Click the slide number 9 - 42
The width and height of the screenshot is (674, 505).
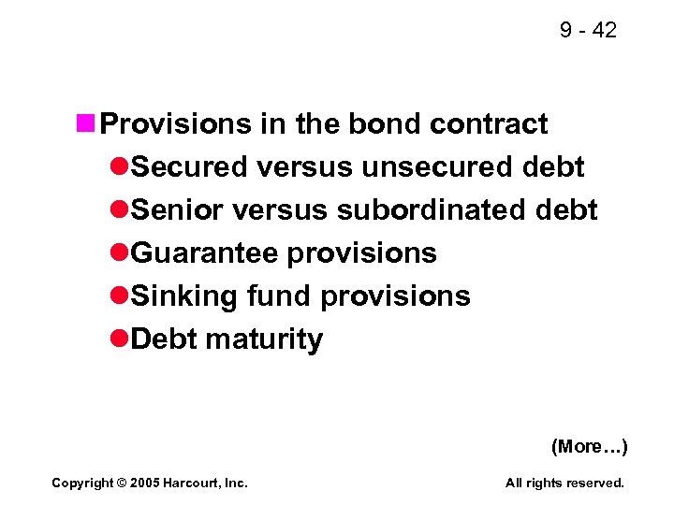pos(588,30)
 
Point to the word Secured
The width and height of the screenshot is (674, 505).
pos(188,166)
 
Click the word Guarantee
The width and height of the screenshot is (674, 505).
pos(205,252)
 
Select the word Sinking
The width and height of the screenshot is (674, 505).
pos(184,296)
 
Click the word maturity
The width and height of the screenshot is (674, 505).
pos(263,339)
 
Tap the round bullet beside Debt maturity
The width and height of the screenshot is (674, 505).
pos(119,339)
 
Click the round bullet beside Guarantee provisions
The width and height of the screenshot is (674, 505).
pos(119,252)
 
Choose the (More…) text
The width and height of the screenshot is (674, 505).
pos(589,446)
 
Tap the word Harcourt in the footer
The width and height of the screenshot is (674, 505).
pos(191,483)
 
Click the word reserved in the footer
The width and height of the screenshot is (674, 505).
pos(595,483)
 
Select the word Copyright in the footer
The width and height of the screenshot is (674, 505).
pos(81,483)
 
